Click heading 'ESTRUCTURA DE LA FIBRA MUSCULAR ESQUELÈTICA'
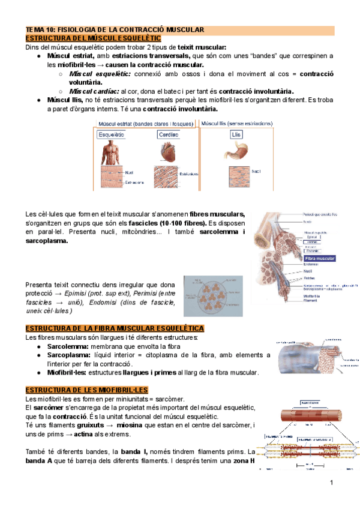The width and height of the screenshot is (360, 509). [114, 328]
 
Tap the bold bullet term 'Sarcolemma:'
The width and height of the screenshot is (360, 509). [67, 346]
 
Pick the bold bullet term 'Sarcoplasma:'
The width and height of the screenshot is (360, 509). [68, 355]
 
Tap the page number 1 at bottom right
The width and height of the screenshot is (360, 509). [331, 483]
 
